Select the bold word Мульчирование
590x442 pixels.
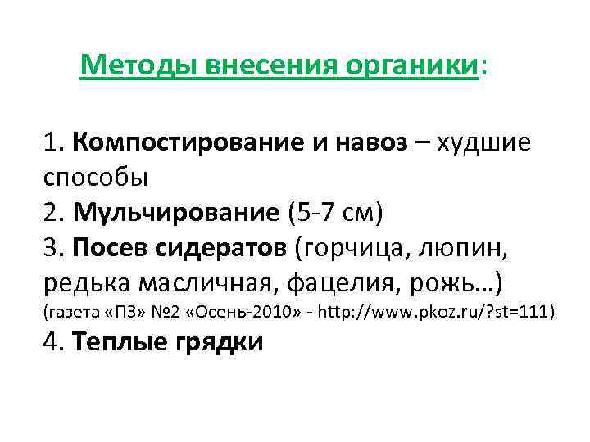(x=176, y=213)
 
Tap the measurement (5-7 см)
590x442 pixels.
(x=335, y=213)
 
